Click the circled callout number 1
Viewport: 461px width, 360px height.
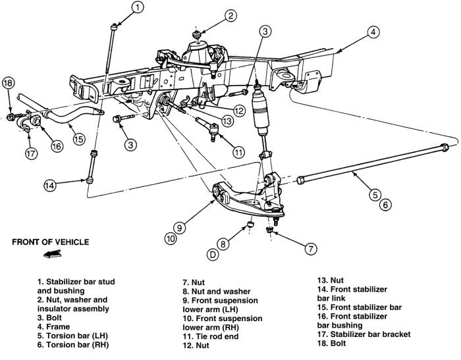pyautogui.click(x=138, y=8)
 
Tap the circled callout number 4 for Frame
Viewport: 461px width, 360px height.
pyautogui.click(x=373, y=32)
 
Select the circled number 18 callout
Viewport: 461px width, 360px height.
pyautogui.click(x=8, y=83)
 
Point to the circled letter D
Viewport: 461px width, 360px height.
pyautogui.click(x=213, y=255)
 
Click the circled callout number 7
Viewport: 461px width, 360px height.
pyautogui.click(x=311, y=249)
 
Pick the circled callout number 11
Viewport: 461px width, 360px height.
pyautogui.click(x=238, y=152)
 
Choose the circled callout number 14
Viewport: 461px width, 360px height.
pyautogui.click(x=50, y=186)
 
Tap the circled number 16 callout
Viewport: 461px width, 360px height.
pyautogui.click(x=57, y=145)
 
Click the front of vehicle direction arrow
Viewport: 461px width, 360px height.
pyautogui.click(x=52, y=254)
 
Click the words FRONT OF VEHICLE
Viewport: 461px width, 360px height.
pyautogui.click(x=50, y=242)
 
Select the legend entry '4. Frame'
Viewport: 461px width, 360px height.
pyautogui.click(x=53, y=327)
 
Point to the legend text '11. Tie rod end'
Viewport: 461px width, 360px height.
pyautogui.click(x=211, y=336)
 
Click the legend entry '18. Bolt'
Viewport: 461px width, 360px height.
pyautogui.click(x=332, y=344)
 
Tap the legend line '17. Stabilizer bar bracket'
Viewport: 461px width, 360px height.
pyautogui.click(x=364, y=334)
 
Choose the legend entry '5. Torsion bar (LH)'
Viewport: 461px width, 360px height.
pyautogui.click(x=72, y=336)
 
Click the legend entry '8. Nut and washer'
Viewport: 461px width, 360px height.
pyautogui.click(x=217, y=292)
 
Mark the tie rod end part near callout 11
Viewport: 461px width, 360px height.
pyautogui.click(x=208, y=127)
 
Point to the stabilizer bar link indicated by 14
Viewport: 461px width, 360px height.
pyautogui.click(x=92, y=167)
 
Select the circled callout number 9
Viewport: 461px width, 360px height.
pyautogui.click(x=179, y=228)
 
